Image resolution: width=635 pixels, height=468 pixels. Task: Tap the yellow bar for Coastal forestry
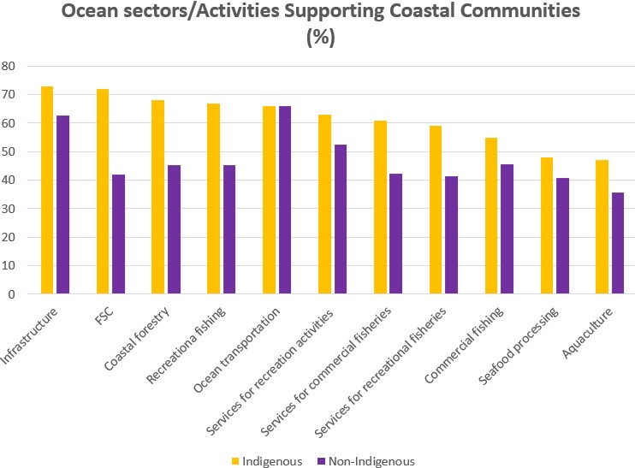157,197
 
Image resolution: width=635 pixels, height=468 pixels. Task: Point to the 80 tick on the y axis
9,67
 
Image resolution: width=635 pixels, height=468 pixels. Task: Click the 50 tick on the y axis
9,152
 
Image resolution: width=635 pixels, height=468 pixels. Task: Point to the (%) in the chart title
317,39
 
